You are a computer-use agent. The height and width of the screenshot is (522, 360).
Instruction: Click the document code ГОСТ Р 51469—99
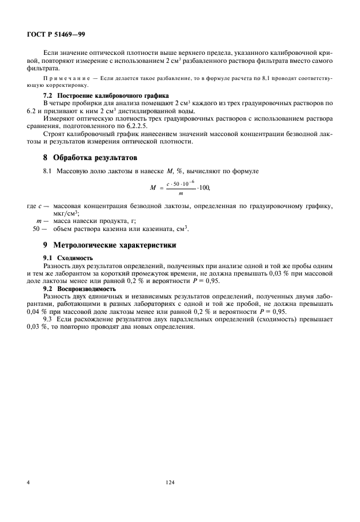tap(56, 34)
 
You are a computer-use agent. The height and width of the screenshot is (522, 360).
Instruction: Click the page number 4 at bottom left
tap(28, 483)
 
